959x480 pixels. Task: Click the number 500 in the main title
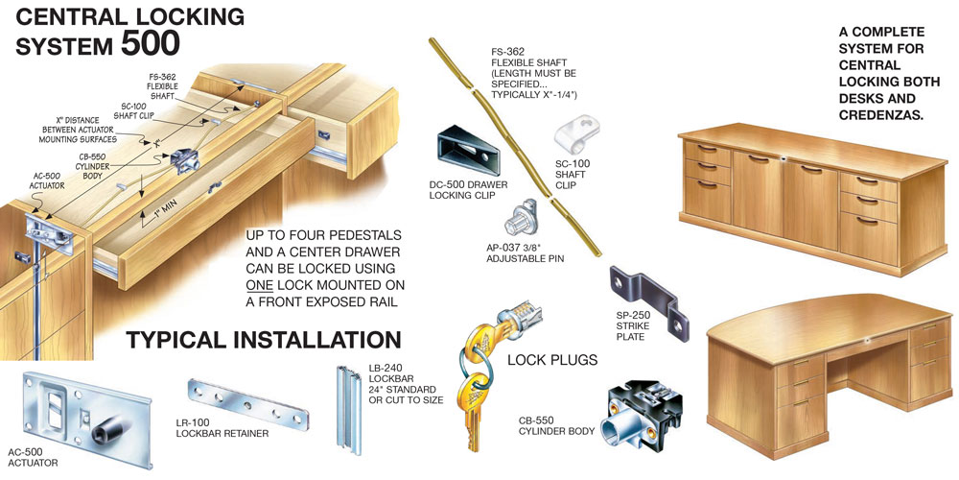pyautogui.click(x=150, y=43)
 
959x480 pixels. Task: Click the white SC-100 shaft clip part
pyautogui.click(x=576, y=135)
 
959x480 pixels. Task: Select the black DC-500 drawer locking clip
pyautogui.click(x=468, y=150)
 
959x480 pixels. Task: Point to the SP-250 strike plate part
pyautogui.click(x=649, y=301)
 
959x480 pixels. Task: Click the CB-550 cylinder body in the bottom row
pyautogui.click(x=636, y=415)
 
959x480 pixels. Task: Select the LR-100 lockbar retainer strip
pyautogui.click(x=247, y=404)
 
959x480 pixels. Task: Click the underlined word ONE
pyautogui.click(x=259, y=286)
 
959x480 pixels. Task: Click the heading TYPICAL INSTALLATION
pyautogui.click(x=264, y=340)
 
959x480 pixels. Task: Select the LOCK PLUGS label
pyautogui.click(x=552, y=360)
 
